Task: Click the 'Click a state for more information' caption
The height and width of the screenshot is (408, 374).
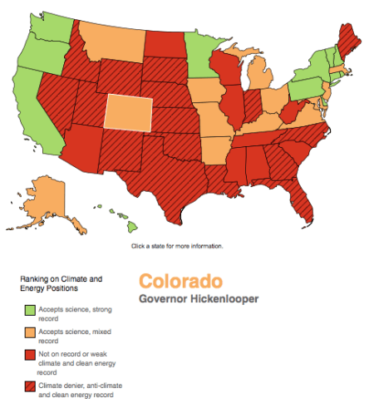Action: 177,246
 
